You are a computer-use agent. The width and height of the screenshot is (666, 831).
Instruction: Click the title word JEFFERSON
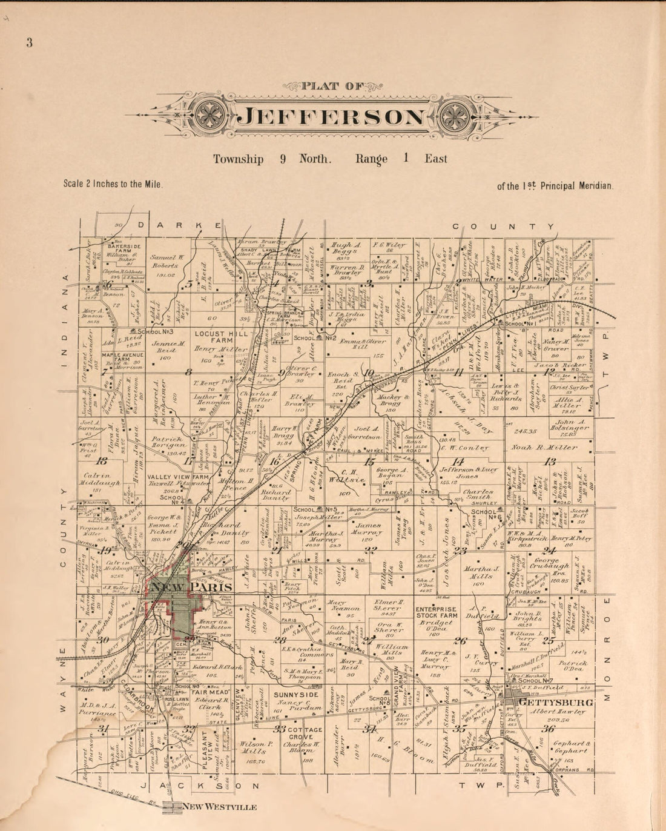[334, 116]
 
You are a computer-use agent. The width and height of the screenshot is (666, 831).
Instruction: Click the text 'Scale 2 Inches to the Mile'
[113, 184]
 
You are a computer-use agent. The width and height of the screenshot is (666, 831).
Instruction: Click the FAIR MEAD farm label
[209, 692]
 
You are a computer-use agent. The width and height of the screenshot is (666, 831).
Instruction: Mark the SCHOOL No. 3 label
[156, 332]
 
